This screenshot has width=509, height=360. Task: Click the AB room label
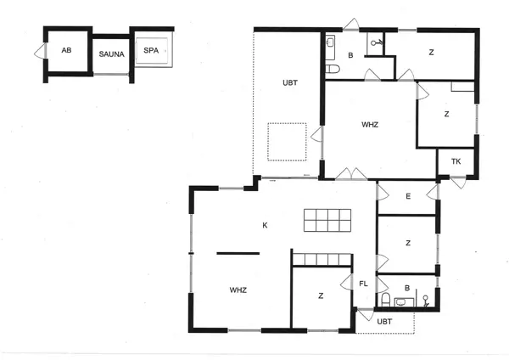[66, 50]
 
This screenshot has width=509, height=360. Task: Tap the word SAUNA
[111, 53]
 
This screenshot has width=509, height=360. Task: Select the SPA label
[151, 50]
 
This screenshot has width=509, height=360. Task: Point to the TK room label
[456, 161]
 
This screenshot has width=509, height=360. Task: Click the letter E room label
[408, 197]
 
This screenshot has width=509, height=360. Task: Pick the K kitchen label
[265, 225]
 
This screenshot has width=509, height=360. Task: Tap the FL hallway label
[364, 284]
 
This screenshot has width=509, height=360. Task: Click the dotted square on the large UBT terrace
[287, 141]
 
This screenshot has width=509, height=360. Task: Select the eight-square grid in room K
[327, 220]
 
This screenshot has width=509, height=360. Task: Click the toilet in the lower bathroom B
[386, 300]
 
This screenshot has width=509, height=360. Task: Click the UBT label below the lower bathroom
[384, 322]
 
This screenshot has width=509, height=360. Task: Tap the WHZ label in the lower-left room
[238, 290]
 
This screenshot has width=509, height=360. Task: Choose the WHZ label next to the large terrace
[370, 125]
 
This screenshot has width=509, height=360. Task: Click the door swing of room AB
[38, 53]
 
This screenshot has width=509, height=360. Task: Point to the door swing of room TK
[458, 182]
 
